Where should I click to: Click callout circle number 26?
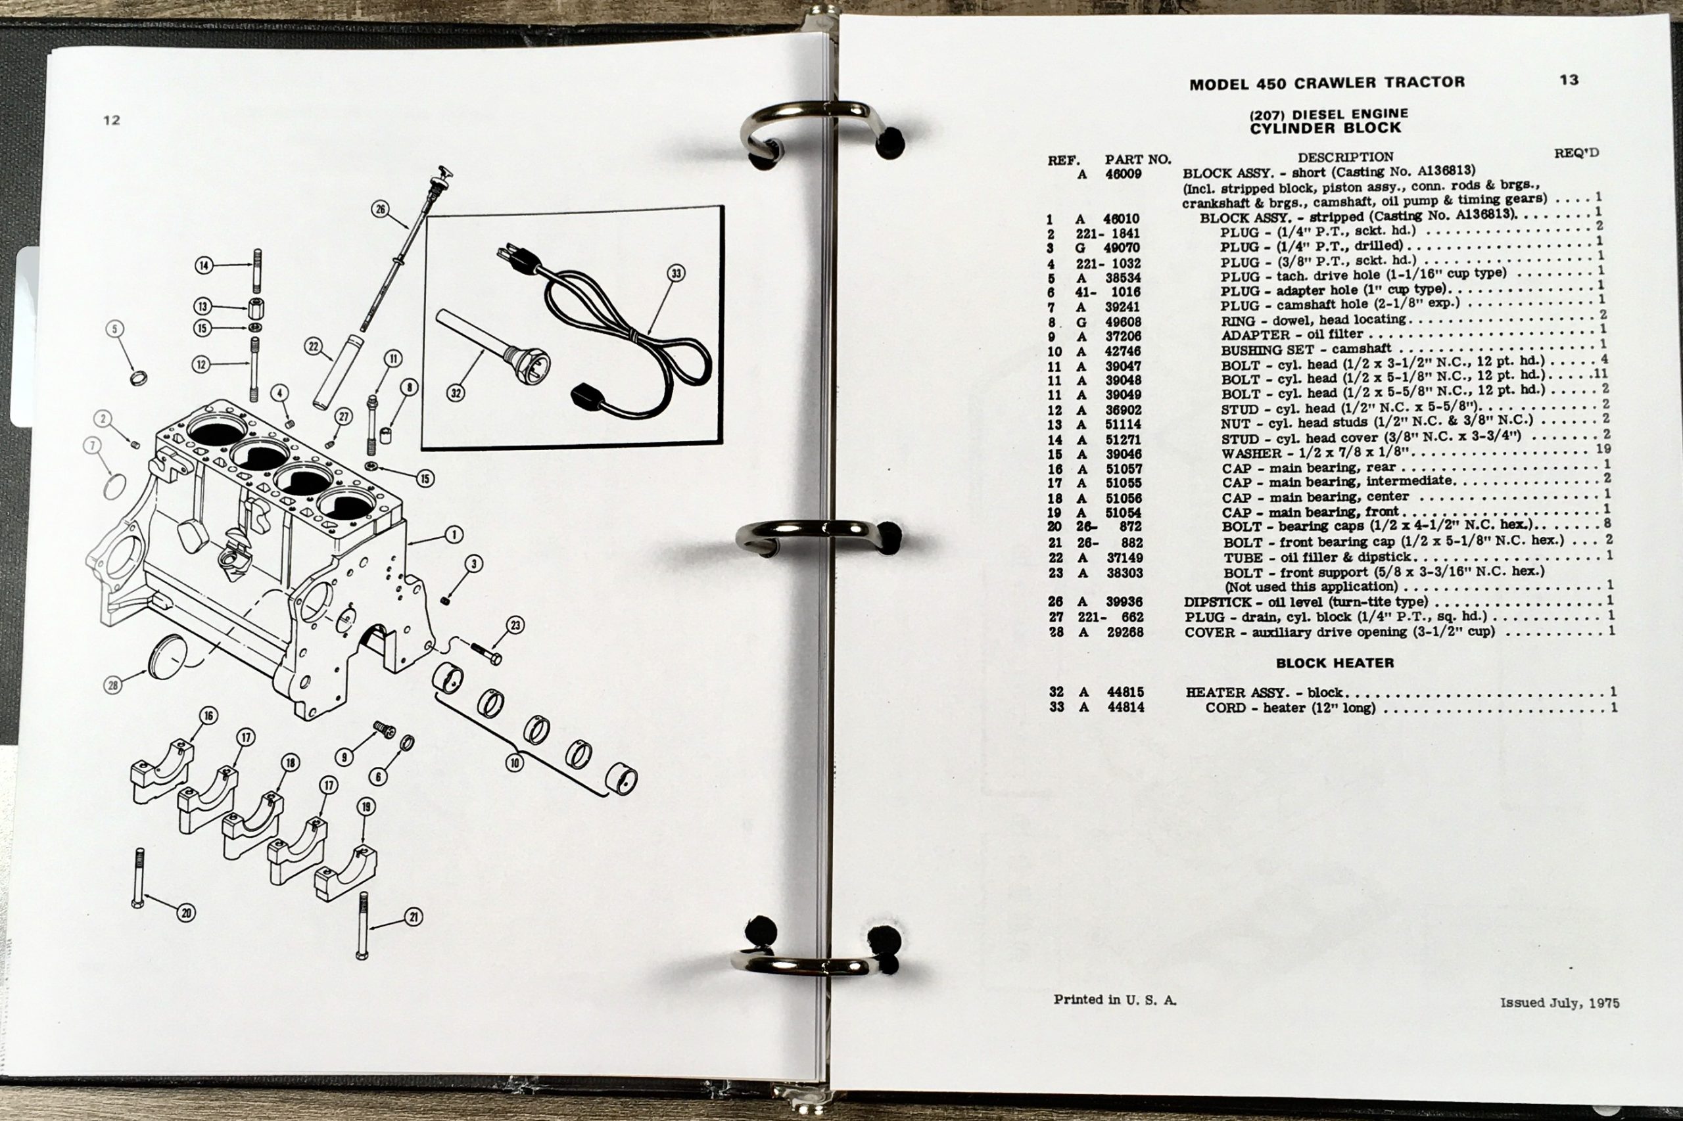point(381,209)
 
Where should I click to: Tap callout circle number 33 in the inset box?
point(676,273)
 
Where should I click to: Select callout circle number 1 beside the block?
point(454,534)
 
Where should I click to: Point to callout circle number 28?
point(112,685)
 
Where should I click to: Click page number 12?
point(111,120)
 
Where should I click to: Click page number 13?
point(1569,80)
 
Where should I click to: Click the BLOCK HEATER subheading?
point(1335,663)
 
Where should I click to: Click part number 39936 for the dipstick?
point(1124,602)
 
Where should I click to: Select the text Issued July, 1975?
point(1559,1002)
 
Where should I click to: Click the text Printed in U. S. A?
point(1114,999)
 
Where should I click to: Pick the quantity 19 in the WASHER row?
point(1603,449)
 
